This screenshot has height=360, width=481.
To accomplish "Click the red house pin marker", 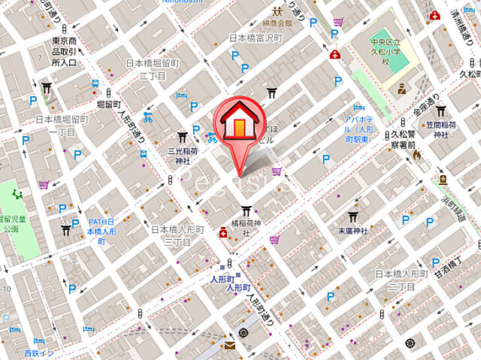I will [237, 123].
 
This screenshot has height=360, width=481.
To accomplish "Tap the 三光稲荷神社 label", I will [181, 155].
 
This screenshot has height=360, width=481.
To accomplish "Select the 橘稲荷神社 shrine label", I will [245, 227].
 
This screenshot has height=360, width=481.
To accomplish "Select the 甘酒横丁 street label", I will [452, 280].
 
